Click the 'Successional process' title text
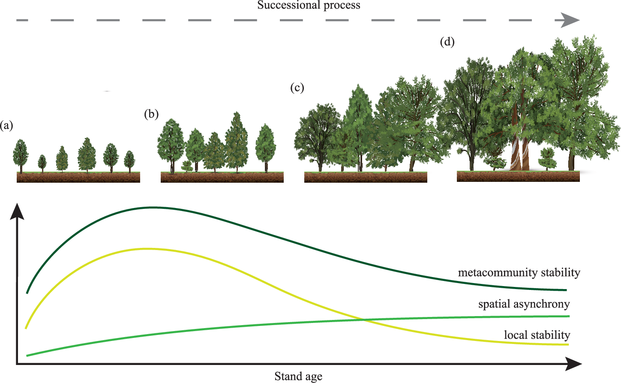click(x=309, y=6)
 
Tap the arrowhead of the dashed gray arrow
click(x=570, y=20)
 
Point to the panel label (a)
click(x=7, y=126)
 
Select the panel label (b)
click(x=151, y=114)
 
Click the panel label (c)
click(x=297, y=88)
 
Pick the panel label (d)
click(x=447, y=42)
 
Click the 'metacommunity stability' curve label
click(x=519, y=273)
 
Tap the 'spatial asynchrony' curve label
click(x=524, y=305)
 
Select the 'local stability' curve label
click(x=537, y=335)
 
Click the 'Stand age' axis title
click(x=298, y=377)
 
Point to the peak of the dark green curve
click(x=153, y=208)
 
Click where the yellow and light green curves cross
click(x=363, y=320)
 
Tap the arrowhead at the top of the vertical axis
click(x=17, y=211)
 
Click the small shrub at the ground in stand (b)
click(x=186, y=166)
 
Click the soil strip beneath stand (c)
click(x=366, y=178)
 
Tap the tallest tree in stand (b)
click(x=236, y=139)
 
